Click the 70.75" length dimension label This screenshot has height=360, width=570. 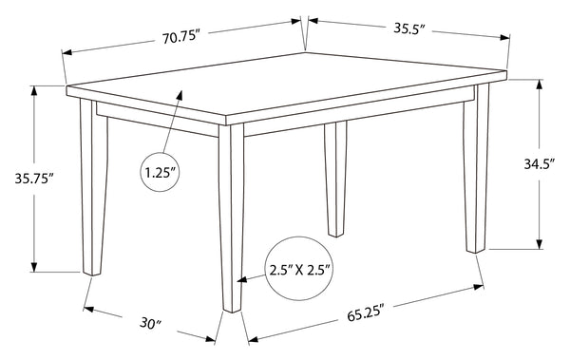coord(181,37)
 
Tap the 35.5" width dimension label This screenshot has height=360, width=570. coord(409,28)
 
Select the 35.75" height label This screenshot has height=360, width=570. coord(34,179)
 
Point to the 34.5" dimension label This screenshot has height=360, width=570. coord(540,164)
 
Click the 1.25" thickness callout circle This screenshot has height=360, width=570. coord(161,172)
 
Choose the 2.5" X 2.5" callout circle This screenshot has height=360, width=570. coord(300,269)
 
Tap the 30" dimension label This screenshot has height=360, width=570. coord(151,323)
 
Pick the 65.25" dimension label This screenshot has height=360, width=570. coord(366,313)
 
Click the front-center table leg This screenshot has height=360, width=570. coord(231,218)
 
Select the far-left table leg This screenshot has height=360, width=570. coord(93,187)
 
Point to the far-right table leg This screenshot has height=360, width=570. coord(476,167)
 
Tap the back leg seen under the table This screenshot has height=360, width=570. coord(336,179)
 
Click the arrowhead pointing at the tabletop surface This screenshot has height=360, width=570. coord(180,95)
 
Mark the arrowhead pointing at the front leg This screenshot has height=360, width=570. coord(242,279)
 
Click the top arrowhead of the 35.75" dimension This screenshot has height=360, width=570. coord(34,90)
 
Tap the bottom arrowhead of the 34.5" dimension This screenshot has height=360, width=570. coord(540,244)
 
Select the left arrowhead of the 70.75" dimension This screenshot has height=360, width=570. coord(67,53)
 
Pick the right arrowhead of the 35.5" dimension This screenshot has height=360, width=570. coord(505,37)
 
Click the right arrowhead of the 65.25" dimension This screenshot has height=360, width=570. coord(479,287)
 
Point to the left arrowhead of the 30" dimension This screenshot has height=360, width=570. coord(88,310)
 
